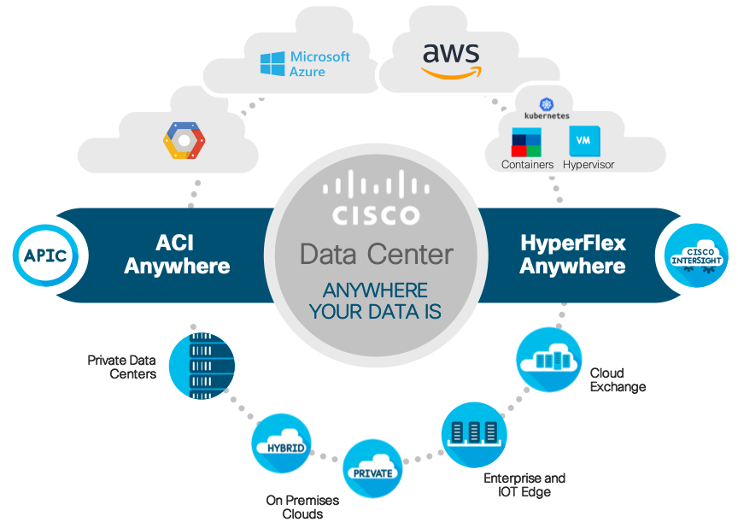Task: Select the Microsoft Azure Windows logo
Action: (272, 64)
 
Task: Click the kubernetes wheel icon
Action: (547, 102)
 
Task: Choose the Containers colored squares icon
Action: (527, 141)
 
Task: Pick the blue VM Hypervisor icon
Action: (585, 140)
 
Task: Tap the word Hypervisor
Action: (588, 164)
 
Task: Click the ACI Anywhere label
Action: (177, 254)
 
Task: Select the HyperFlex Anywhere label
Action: (572, 254)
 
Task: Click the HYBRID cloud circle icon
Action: (281, 443)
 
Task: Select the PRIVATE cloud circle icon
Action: (373, 469)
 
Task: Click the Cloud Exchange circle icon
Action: (549, 360)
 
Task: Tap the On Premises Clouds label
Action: (302, 507)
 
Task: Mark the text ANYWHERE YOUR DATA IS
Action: (376, 300)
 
